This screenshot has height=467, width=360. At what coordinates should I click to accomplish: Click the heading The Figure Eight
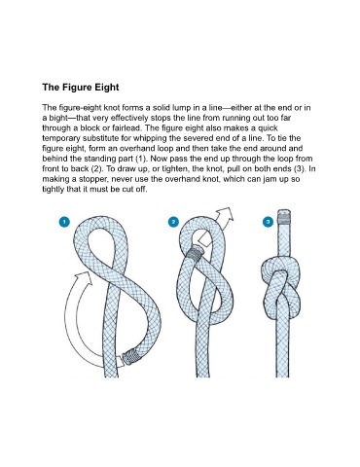pyautogui.click(x=81, y=88)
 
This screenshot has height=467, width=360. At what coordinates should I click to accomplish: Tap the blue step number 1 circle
pyautogui.click(x=64, y=222)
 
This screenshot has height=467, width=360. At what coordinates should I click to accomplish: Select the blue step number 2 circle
pyautogui.click(x=173, y=222)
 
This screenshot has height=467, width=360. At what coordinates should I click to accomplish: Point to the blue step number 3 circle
pyautogui.click(x=268, y=222)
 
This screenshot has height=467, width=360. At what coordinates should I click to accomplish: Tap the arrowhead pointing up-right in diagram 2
pyautogui.click(x=225, y=215)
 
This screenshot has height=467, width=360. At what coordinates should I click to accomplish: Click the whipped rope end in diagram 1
pyautogui.click(x=132, y=357)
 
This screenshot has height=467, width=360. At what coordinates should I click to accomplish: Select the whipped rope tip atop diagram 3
pyautogui.click(x=284, y=217)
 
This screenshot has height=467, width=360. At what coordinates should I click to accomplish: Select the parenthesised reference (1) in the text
pyautogui.click(x=141, y=159)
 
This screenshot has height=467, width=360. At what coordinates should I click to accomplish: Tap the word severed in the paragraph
pyautogui.click(x=196, y=138)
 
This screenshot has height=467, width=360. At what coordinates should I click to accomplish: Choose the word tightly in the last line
pyautogui.click(x=54, y=190)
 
